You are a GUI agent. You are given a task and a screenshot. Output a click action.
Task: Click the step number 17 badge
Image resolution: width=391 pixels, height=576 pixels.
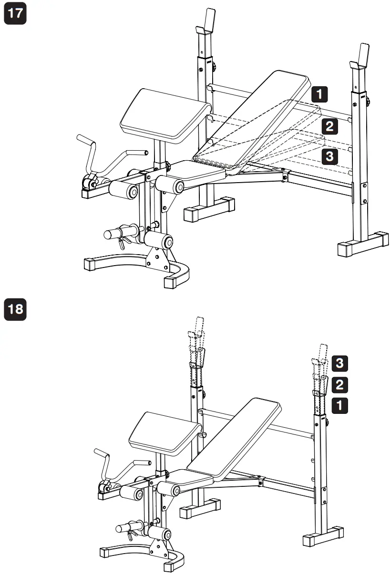pos(15,15)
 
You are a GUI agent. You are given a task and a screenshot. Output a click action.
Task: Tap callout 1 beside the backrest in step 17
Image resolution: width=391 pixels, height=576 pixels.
pos(319,93)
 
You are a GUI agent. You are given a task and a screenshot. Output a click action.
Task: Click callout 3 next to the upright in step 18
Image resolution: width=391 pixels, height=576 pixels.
pos(338,363)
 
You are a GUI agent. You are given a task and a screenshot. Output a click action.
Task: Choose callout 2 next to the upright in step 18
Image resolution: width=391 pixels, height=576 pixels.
pos(338,384)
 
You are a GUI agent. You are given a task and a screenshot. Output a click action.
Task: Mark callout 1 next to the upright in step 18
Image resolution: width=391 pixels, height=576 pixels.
pos(338,405)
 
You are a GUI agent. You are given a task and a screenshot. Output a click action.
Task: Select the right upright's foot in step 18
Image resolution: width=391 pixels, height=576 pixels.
pos(324,536)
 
